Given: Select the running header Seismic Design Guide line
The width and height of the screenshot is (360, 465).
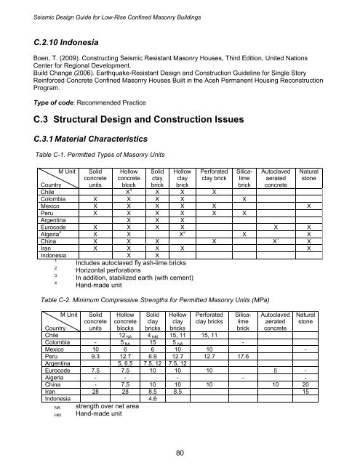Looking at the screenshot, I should (x=127, y=7).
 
